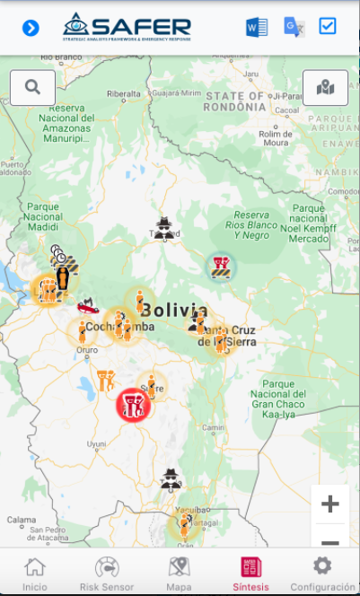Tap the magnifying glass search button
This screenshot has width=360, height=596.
[x=33, y=87]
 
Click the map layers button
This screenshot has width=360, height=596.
[x=325, y=87]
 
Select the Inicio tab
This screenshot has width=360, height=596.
[x=35, y=573]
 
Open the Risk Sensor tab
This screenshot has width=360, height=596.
[x=107, y=573]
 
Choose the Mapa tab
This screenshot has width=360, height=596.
[x=179, y=573]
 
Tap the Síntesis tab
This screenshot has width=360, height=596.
[x=250, y=573]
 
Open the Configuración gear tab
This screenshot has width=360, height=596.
[x=322, y=573]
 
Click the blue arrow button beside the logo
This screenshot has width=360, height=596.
[x=31, y=28]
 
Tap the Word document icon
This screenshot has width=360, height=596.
[x=257, y=27]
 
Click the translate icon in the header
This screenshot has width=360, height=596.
[x=294, y=27]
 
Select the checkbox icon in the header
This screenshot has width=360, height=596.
[x=328, y=26]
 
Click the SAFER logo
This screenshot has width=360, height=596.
[x=127, y=27]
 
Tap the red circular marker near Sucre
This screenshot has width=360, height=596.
[x=134, y=405]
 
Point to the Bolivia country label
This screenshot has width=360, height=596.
[x=175, y=311]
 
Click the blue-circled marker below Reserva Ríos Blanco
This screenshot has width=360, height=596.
[x=220, y=265]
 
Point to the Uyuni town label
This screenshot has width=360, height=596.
[x=96, y=443]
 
